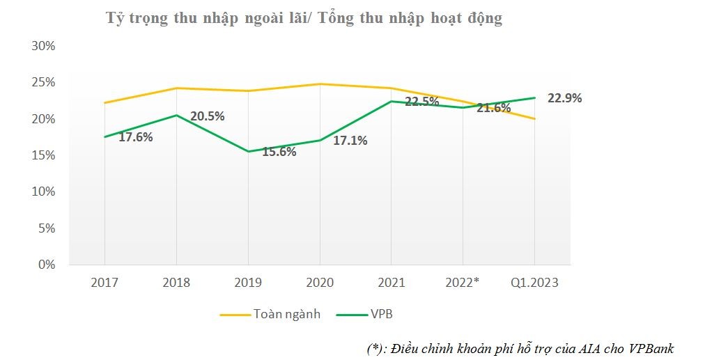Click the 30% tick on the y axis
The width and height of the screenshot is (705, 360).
click(x=42, y=46)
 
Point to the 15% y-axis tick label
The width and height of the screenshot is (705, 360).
click(x=42, y=155)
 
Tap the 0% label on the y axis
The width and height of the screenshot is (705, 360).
click(x=46, y=265)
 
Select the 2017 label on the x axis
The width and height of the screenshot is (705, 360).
click(x=104, y=282)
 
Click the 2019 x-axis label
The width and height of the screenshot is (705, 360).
click(x=248, y=282)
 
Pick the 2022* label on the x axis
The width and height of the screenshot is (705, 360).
click(x=463, y=282)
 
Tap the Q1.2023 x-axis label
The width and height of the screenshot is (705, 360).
click(x=534, y=282)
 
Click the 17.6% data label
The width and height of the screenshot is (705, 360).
click(x=135, y=136)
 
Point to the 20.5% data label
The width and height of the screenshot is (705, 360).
click(x=207, y=116)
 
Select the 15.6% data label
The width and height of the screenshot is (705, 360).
click(x=279, y=152)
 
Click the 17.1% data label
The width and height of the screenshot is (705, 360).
click(x=350, y=141)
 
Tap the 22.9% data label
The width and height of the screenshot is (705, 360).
click(x=564, y=98)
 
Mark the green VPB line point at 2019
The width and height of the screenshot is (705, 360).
click(x=248, y=151)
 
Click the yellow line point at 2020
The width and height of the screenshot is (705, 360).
click(x=320, y=84)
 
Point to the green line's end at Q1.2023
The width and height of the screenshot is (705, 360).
click(x=534, y=97)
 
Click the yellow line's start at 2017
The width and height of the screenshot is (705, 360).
click(x=104, y=103)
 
